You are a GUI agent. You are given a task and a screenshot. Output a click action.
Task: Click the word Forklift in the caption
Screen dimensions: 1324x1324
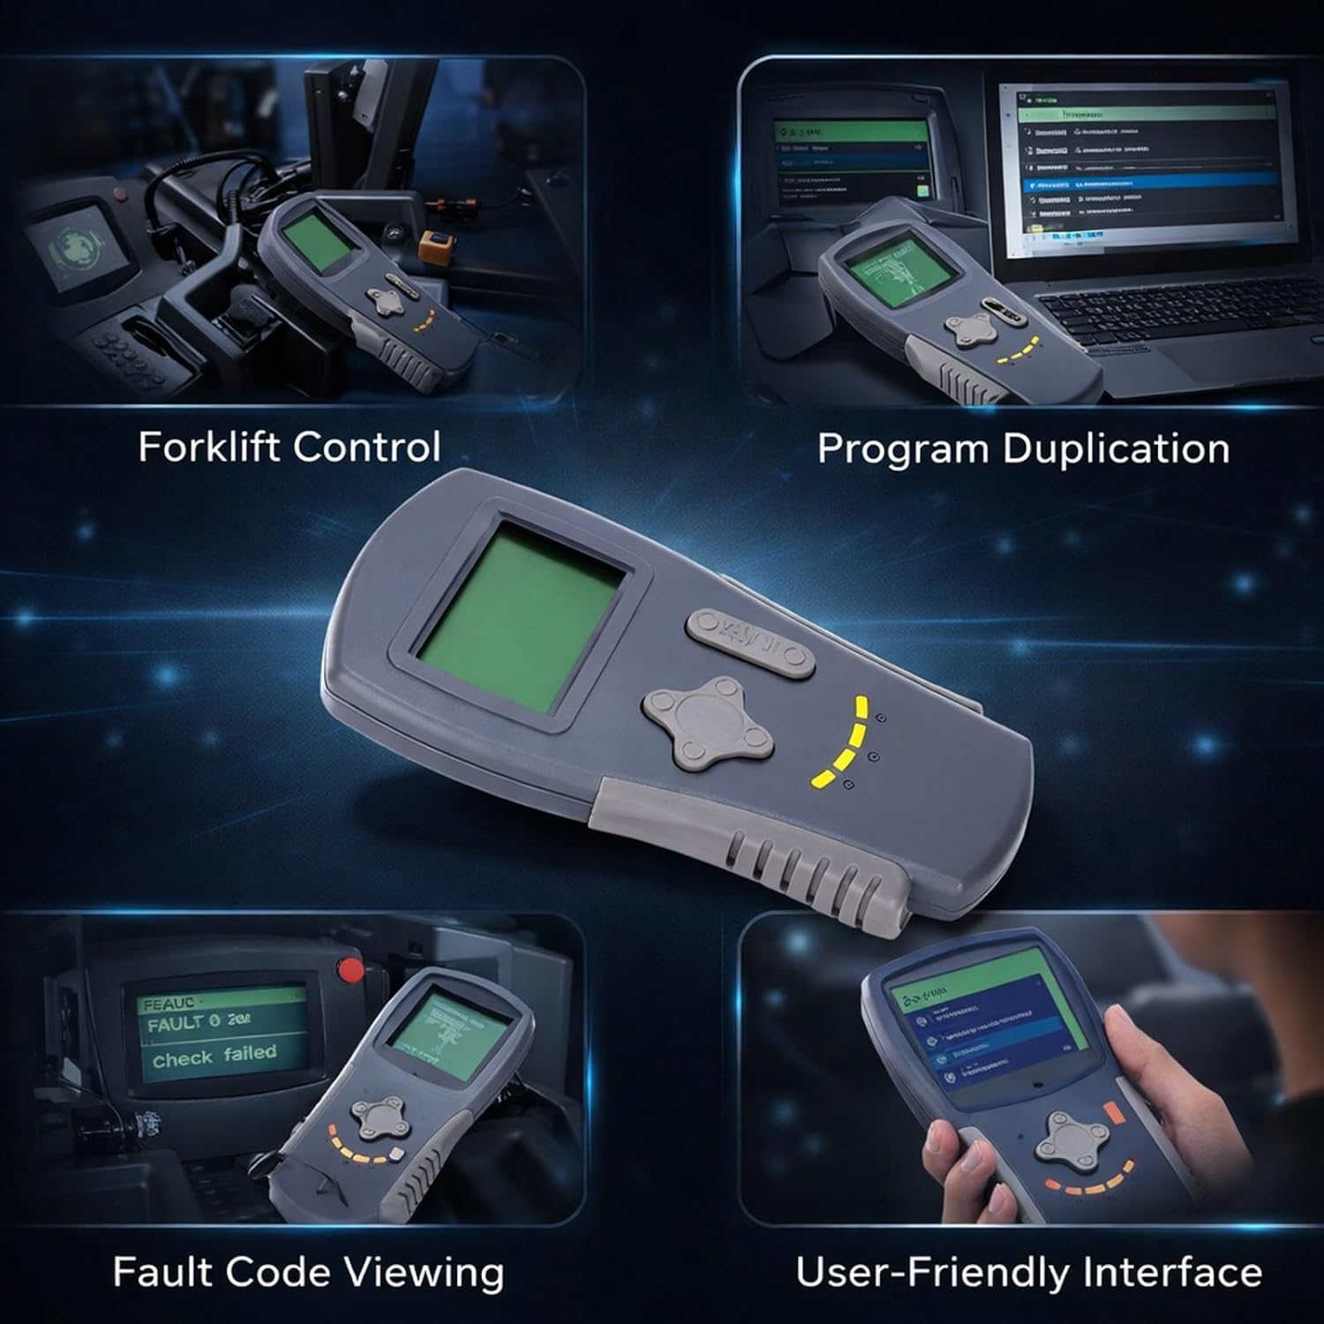click(x=209, y=447)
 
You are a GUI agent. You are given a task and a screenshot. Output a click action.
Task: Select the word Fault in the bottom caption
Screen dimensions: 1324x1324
click(x=162, y=1272)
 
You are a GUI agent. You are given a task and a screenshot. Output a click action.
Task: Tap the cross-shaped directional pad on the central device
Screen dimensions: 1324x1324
click(x=709, y=718)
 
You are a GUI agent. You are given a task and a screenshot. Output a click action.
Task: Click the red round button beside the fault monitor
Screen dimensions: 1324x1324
click(x=352, y=970)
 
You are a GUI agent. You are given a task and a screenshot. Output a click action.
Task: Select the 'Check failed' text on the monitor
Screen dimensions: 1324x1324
click(x=214, y=1055)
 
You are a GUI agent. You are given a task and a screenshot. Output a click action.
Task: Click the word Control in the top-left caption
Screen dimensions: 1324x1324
click(x=365, y=447)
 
